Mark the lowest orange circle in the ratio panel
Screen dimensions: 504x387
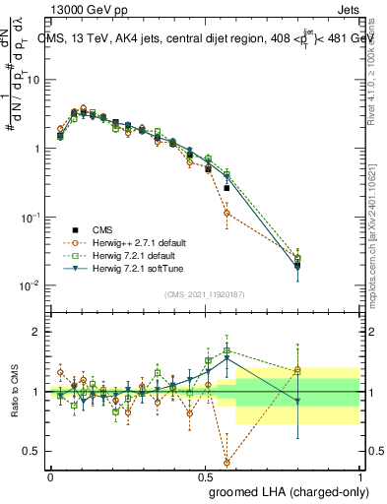(227, 462)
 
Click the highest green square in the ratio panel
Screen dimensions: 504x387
(227, 350)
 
